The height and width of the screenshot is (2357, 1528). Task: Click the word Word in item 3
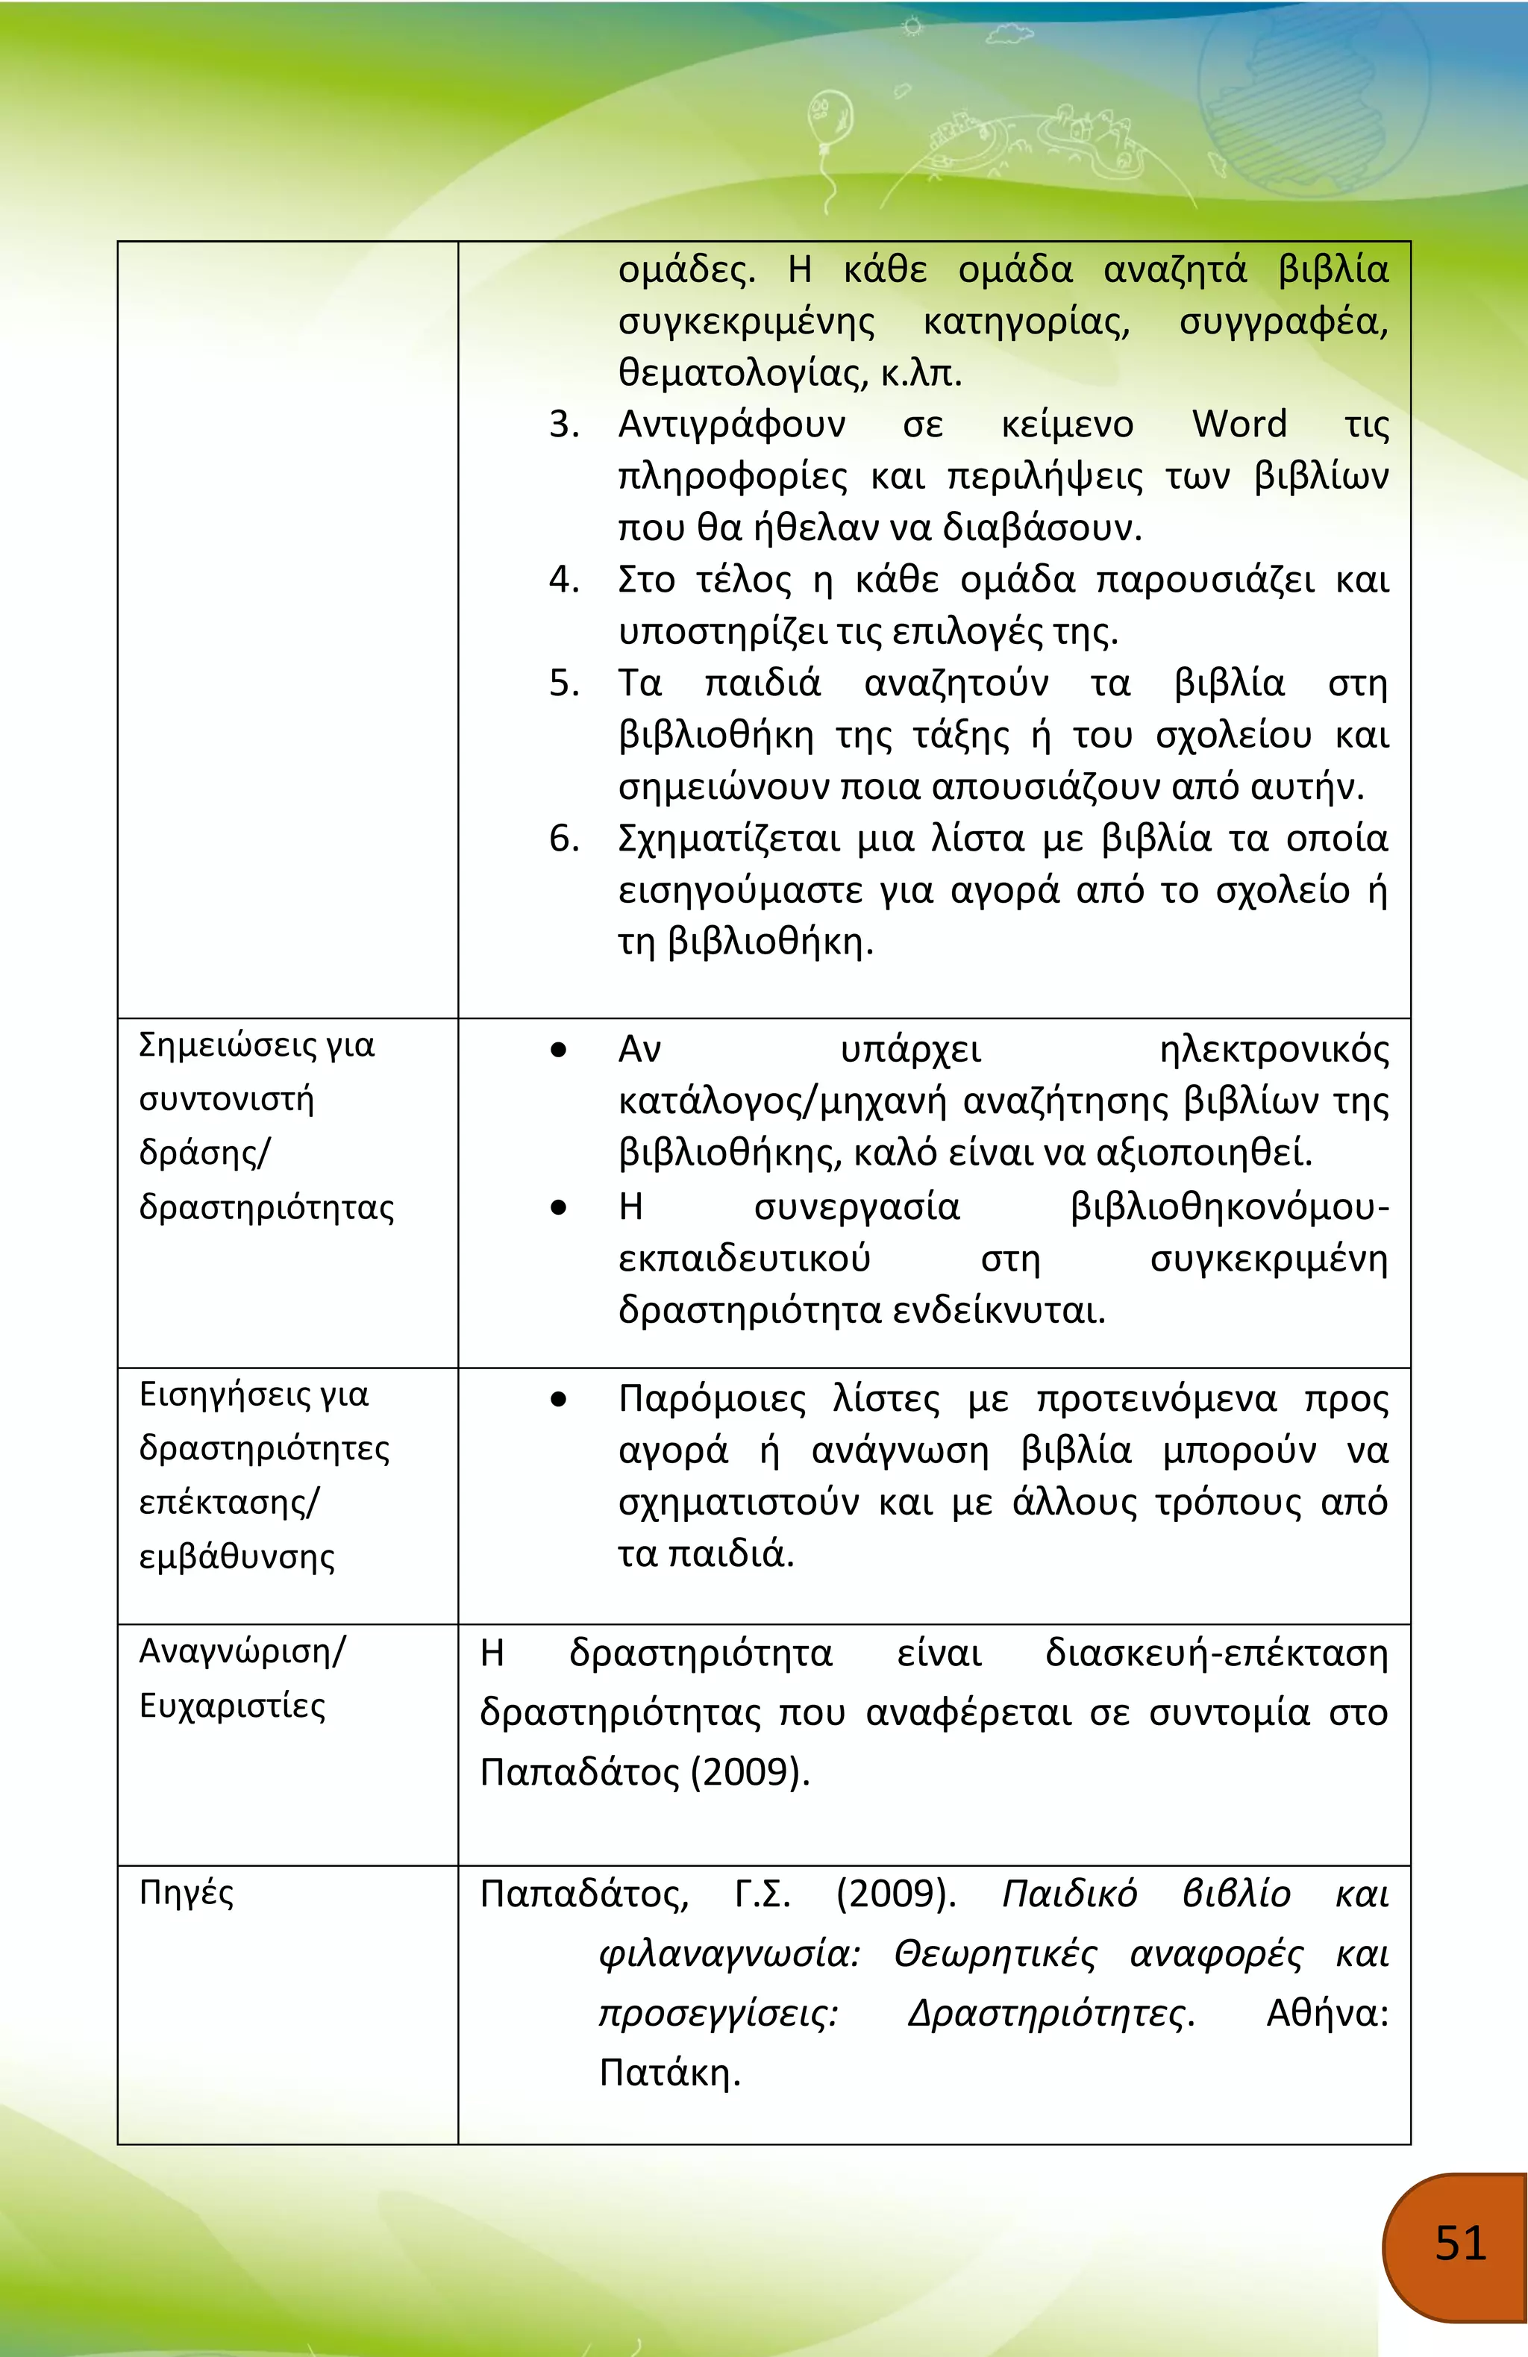coord(1239,424)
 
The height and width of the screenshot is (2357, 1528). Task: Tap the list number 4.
coord(563,579)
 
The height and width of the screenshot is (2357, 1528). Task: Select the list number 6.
coord(563,839)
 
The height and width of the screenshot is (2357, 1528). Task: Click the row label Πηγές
coord(187,1892)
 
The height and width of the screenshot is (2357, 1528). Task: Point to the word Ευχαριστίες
coord(232,1706)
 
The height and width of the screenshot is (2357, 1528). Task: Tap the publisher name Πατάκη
coord(669,2072)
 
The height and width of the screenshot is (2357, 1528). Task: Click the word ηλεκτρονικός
coord(1274,1050)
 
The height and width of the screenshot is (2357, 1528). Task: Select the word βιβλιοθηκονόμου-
coord(1229,1207)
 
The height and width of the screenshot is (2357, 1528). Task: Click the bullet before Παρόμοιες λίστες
coord(559,1399)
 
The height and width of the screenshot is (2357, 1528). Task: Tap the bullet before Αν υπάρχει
coord(559,1050)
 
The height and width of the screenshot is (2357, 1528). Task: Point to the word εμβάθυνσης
coord(237,1557)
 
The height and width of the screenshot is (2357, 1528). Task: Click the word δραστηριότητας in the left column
coord(266,1207)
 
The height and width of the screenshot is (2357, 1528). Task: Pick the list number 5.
coord(563,683)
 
